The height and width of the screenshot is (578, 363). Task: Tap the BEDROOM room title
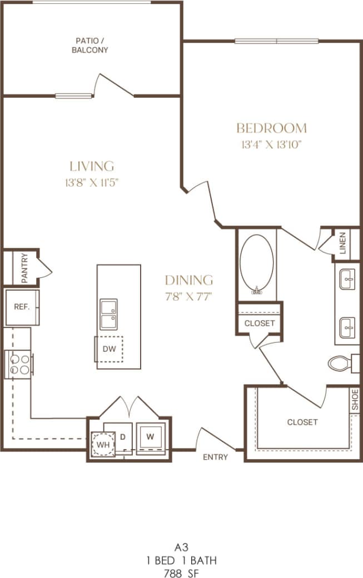click(x=271, y=128)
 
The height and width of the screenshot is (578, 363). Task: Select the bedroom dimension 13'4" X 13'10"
click(x=271, y=145)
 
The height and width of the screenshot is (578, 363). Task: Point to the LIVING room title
click(x=92, y=166)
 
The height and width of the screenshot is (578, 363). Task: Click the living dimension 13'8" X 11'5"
click(x=92, y=182)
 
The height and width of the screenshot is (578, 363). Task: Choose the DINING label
click(x=188, y=280)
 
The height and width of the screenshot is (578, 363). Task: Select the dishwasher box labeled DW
click(x=109, y=349)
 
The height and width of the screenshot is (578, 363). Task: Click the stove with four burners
click(x=18, y=365)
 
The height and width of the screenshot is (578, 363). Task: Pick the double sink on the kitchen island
click(x=108, y=314)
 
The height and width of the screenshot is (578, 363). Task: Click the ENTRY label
click(x=215, y=457)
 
